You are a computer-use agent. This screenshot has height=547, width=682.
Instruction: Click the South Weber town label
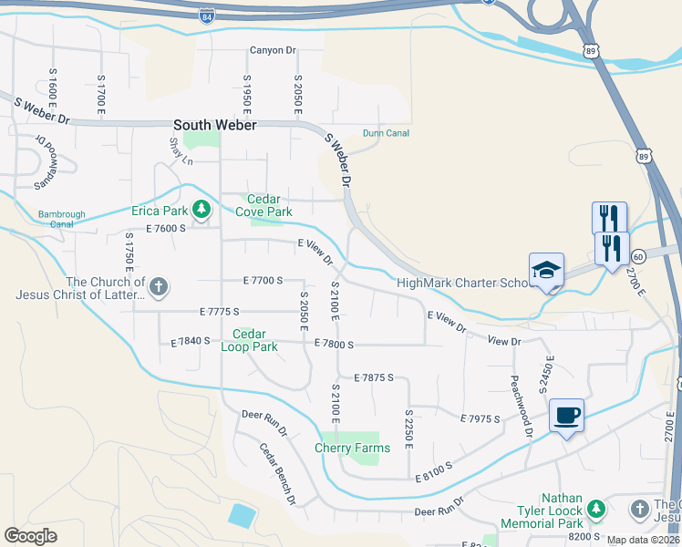pos(214,125)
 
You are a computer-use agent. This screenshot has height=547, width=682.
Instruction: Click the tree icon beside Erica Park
pos(201,211)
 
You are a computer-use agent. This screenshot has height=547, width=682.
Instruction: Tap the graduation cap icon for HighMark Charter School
pos(547,271)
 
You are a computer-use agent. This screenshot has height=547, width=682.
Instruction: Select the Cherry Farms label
pos(352,448)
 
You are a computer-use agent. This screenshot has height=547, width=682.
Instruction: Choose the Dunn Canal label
pos(385,133)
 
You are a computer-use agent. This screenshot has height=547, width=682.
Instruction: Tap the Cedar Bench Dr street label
pos(277,474)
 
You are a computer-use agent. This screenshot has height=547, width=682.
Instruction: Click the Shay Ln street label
pos(181,151)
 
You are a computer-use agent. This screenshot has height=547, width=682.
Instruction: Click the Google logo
pos(31,535)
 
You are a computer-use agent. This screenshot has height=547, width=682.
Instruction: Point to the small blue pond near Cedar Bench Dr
pos(242,516)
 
